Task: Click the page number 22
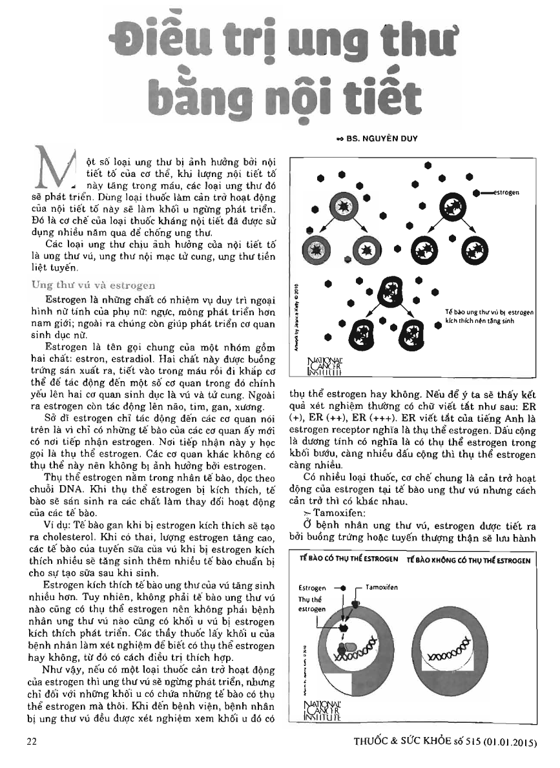pos(30,742)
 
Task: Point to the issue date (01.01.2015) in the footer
pos(506,743)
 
